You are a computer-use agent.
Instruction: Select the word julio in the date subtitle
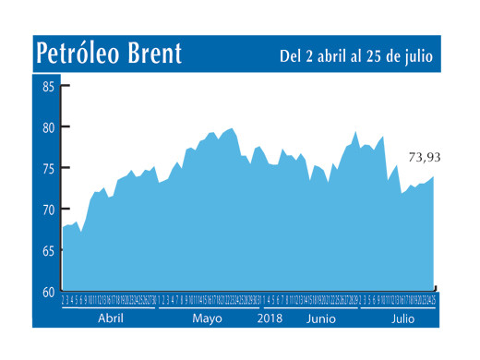pos(415,56)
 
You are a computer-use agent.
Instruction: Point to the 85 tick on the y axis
pos(48,86)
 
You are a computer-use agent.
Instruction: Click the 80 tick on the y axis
pos(48,127)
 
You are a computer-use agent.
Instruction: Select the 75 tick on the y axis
pos(48,169)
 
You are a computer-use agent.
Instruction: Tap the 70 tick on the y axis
pos(48,210)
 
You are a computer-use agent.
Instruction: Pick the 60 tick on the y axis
pos(48,291)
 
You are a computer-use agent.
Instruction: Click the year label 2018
pos(270,318)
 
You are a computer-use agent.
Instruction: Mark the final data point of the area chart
pos(434,176)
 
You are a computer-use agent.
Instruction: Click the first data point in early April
pos(63,226)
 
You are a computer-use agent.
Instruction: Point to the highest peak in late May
pos(231,128)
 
